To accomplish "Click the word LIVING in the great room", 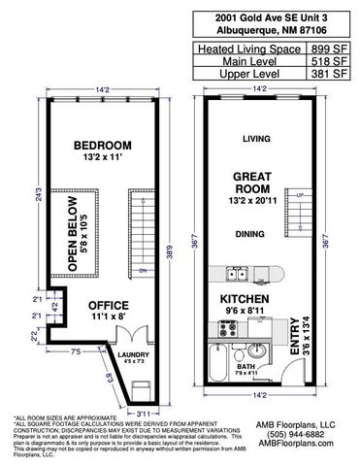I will point(256,139).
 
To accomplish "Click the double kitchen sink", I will point(239,273).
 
